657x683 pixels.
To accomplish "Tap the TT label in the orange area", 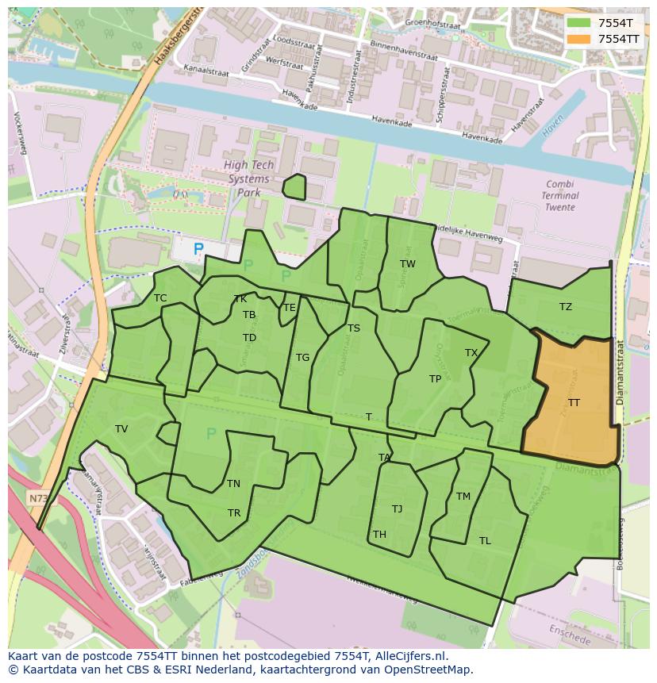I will pos(574,403).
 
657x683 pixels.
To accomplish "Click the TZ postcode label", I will pos(565,307).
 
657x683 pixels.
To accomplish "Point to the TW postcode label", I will pos(407,264).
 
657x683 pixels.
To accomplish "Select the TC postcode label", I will pos(160,298).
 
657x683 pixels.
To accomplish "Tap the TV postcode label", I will pos(121,429).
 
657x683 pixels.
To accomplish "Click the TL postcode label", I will pos(485,541).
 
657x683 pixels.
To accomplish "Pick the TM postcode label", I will pos(463,497).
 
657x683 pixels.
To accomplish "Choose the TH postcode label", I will pos(379,535).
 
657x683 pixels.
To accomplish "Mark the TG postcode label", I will pos(302,358).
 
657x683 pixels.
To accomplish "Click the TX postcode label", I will pos(471,353).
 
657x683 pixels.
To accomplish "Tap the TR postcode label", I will pos(234,513).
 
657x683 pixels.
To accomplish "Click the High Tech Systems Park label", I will pos(248,178).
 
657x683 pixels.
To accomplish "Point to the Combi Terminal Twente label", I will pos(560,195).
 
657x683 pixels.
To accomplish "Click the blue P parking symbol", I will pos(198,249).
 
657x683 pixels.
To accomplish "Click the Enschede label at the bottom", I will pos(569,635).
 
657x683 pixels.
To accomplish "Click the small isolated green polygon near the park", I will pos(294,187).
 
